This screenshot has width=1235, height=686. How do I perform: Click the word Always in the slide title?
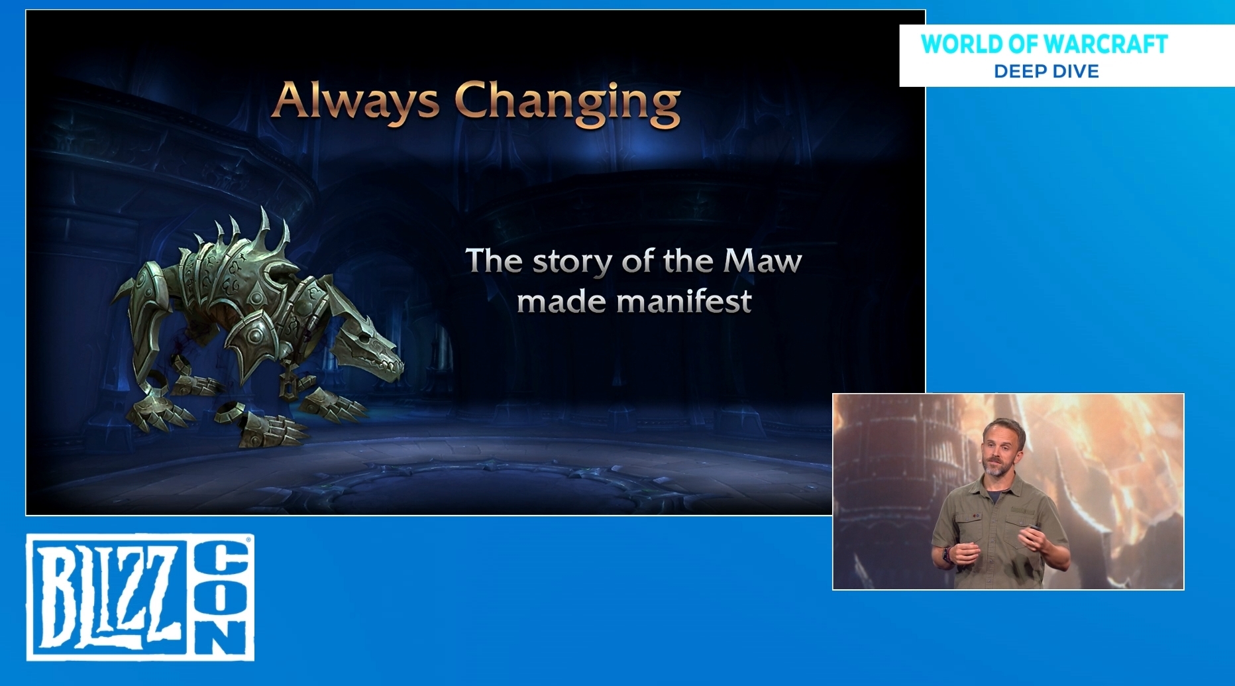[x=356, y=101]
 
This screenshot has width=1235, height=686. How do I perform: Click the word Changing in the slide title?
[x=568, y=103]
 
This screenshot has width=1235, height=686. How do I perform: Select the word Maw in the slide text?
[x=763, y=260]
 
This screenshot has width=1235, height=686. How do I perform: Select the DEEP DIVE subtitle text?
[x=1046, y=71]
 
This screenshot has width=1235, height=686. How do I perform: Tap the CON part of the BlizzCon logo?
[x=222, y=597]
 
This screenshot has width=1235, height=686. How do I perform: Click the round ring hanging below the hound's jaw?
[x=288, y=387]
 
